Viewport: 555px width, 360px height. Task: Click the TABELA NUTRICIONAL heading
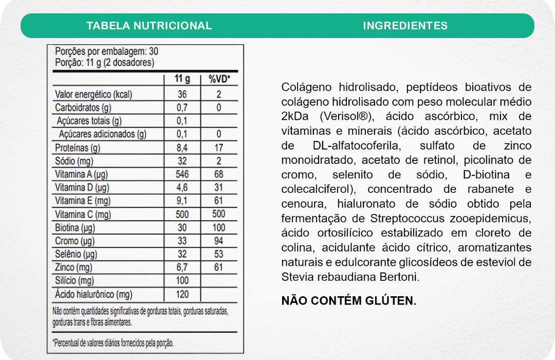(x=149, y=26)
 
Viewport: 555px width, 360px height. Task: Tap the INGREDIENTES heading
(x=405, y=26)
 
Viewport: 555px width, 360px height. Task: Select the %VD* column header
(x=219, y=79)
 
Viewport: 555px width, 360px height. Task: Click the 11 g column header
(x=182, y=79)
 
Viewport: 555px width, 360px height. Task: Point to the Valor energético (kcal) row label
(x=93, y=95)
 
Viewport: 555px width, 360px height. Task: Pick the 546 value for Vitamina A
(x=182, y=174)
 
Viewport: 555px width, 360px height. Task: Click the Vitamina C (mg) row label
(x=83, y=214)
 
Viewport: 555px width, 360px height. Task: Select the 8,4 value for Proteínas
(x=182, y=148)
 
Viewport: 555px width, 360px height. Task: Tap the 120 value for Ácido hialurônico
(x=182, y=294)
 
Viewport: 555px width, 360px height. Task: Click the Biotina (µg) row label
(x=75, y=228)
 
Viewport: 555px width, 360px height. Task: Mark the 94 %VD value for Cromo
(x=219, y=241)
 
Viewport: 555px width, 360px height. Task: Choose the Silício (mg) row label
(x=75, y=281)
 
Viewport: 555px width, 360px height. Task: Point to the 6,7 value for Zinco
(x=182, y=267)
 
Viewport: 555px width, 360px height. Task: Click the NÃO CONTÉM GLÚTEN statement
(x=349, y=301)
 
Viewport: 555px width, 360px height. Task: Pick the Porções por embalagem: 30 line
(x=106, y=52)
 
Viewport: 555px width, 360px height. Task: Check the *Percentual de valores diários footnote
(x=113, y=343)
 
